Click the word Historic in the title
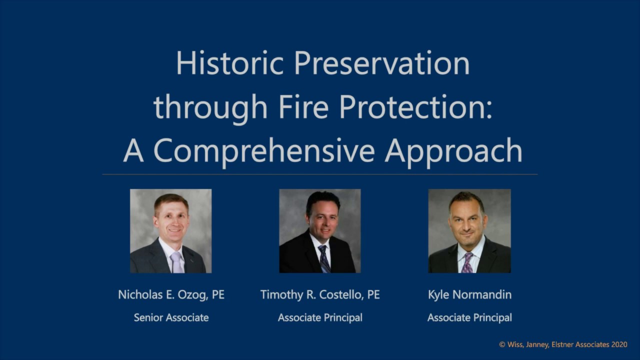point(230,63)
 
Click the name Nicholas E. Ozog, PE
point(171,295)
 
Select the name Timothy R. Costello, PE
point(320,295)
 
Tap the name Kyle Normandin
point(469,295)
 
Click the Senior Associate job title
point(171,317)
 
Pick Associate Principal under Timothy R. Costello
point(320,317)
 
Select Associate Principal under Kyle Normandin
point(469,317)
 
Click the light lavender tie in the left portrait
point(176,262)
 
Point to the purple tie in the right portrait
point(467,262)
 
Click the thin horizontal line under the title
point(320,174)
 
